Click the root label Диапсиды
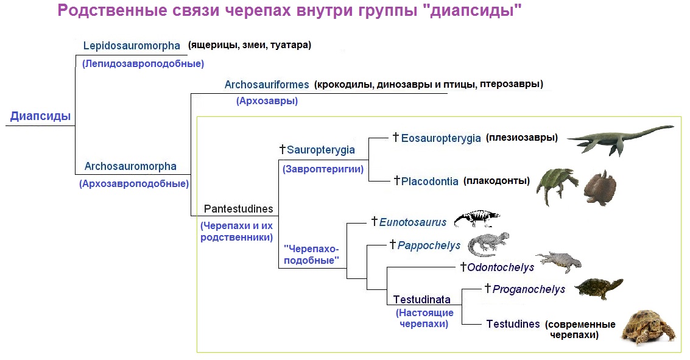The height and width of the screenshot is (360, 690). [40, 116]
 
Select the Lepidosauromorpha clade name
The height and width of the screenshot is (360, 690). [132, 46]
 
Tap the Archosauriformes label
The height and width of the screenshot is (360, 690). [267, 85]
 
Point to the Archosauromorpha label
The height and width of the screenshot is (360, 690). [130, 166]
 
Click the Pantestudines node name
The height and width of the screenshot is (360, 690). [239, 209]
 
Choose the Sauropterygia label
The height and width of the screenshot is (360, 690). [320, 150]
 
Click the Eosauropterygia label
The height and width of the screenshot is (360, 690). [441, 138]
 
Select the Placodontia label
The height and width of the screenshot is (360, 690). [429, 182]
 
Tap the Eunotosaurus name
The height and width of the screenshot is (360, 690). [412, 223]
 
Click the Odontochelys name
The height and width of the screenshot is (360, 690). [501, 267]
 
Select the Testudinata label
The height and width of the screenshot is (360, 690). [422, 300]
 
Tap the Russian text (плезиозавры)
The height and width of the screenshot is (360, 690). [522, 138]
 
